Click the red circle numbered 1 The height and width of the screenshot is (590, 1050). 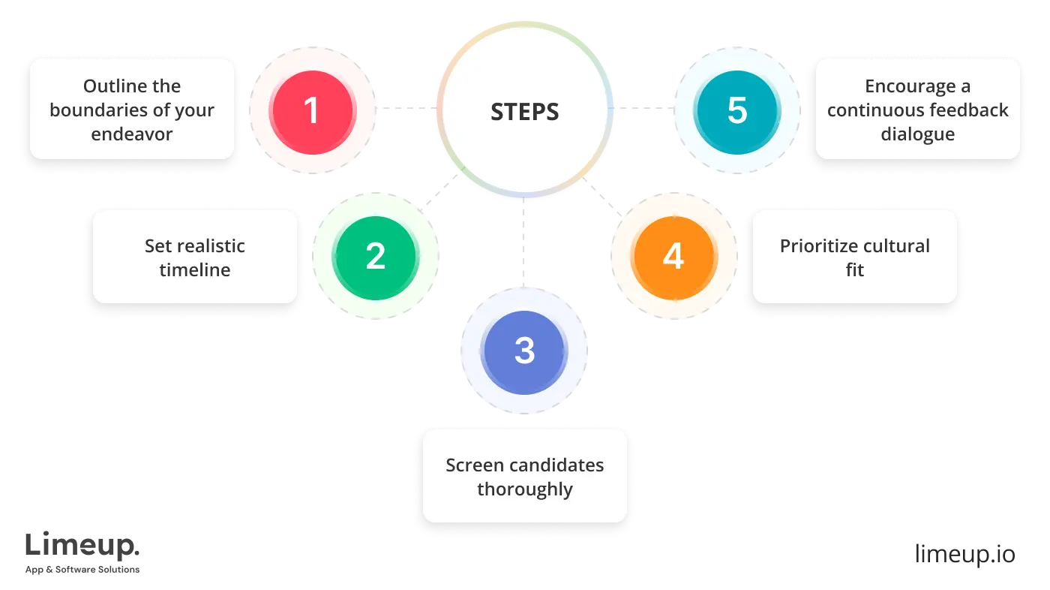pyautogui.click(x=311, y=110)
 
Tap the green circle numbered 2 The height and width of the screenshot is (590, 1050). pyautogui.click(x=375, y=257)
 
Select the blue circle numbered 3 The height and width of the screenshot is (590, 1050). pyautogui.click(x=524, y=351)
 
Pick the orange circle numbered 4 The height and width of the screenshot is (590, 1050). pyautogui.click(x=673, y=257)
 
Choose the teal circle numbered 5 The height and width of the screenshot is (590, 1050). pyautogui.click(x=737, y=110)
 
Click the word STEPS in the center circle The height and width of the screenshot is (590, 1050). pyautogui.click(x=524, y=112)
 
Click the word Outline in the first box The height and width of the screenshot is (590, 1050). pyautogui.click(x=111, y=86)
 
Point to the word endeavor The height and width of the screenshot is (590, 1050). pyautogui.click(x=132, y=134)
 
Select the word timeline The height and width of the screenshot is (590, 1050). pyautogui.click(x=195, y=270)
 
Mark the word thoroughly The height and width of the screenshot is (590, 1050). pyautogui.click(x=524, y=489)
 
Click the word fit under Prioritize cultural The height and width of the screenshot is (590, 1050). pyautogui.click(x=854, y=270)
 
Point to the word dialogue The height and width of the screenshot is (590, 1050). pyautogui.click(x=917, y=134)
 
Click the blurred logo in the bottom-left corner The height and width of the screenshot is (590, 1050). pyautogui.click(x=82, y=552)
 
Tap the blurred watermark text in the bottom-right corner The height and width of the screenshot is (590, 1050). pyautogui.click(x=966, y=554)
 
